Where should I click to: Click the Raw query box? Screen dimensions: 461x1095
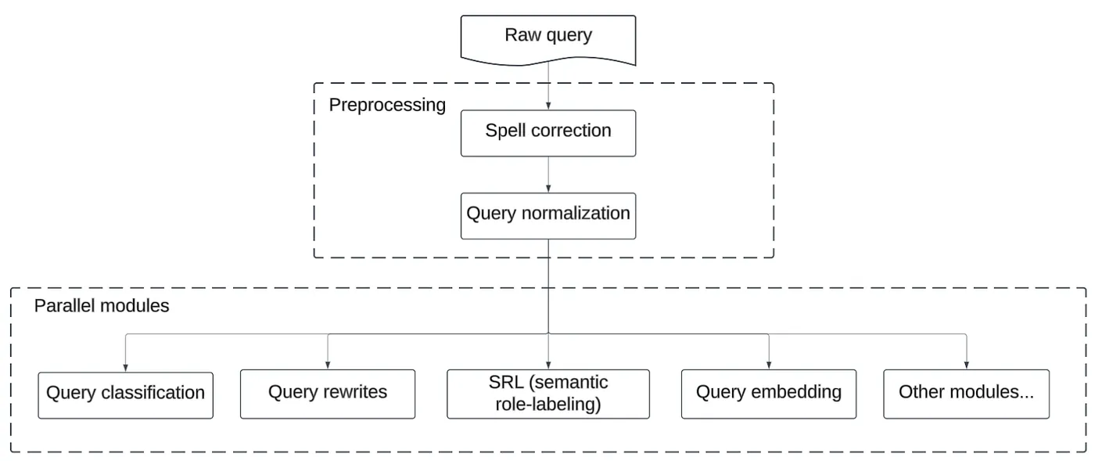tap(547, 36)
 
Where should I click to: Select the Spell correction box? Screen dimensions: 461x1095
tap(547, 131)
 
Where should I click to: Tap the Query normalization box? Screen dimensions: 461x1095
tap(547, 214)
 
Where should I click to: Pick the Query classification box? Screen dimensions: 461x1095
tap(125, 394)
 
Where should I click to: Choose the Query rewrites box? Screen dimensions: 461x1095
tap(327, 394)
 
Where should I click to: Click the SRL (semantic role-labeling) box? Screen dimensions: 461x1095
tap(547, 394)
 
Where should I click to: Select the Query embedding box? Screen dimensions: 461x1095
tap(768, 394)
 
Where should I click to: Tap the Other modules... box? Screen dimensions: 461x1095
tap(966, 394)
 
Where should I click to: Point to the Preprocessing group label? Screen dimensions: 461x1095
tap(387, 105)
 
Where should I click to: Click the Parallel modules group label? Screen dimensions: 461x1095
tap(102, 306)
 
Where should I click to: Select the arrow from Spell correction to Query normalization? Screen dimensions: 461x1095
tap(547, 174)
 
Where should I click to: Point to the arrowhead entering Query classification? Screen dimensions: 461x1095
tap(125, 367)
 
